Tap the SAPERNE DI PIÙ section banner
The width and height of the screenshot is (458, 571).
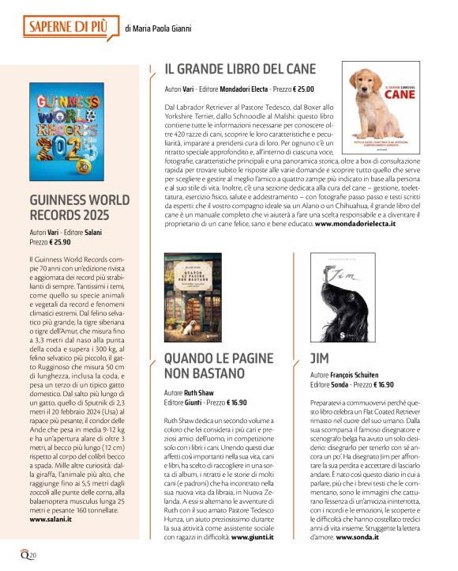(69, 28)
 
